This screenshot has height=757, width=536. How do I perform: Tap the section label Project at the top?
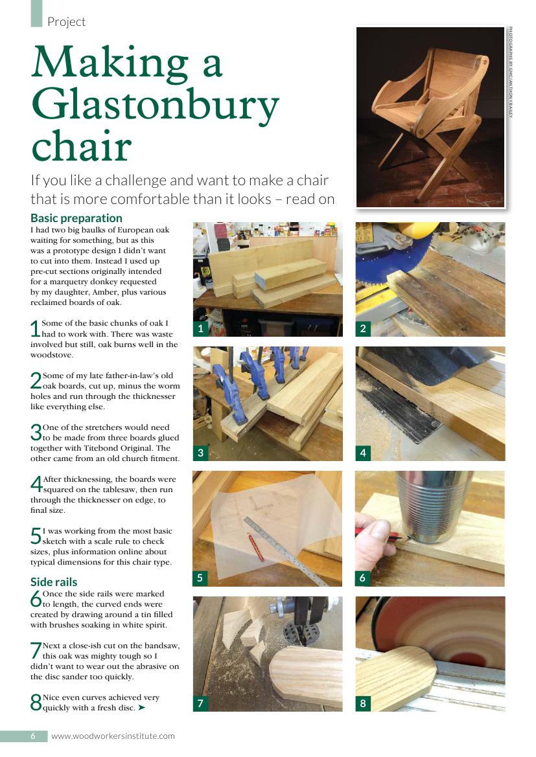point(66,22)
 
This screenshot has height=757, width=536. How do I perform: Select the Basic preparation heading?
point(76,218)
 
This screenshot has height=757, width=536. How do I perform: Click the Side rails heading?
point(54,582)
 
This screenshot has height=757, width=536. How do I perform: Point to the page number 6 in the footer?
point(33,736)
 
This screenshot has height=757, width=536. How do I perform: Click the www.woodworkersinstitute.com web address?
point(113,736)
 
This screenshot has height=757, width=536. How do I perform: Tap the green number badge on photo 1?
point(200,329)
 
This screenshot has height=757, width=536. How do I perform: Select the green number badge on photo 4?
point(363,453)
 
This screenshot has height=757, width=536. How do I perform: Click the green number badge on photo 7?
point(200,703)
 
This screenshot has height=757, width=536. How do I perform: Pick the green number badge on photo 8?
point(363,703)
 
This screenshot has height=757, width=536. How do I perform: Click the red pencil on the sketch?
point(255,547)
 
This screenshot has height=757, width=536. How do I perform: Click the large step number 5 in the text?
point(36,536)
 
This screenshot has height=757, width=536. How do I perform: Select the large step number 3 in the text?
point(36,433)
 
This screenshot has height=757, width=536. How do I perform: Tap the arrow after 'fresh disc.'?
point(141,708)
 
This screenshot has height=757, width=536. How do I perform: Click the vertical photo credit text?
point(510,73)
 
